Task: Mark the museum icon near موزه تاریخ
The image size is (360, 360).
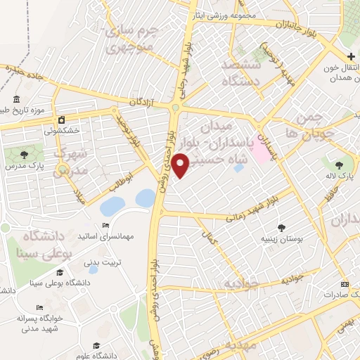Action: (x=16, y=99)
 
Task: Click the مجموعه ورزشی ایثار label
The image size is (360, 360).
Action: (x=224, y=14)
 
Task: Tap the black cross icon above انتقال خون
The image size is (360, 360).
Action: (x=350, y=56)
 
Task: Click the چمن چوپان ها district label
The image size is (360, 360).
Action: (x=309, y=124)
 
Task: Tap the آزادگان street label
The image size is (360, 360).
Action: (x=141, y=103)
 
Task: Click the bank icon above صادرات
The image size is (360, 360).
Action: (x=344, y=283)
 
